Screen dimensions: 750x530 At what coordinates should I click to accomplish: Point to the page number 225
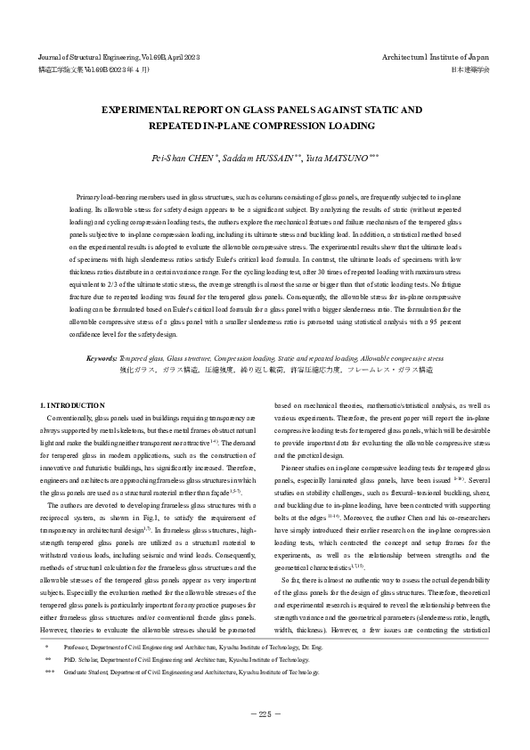(265, 713)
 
